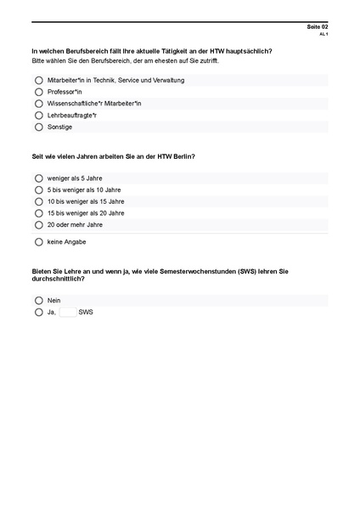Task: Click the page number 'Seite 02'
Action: pos(318,27)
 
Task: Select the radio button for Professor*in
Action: pos(39,92)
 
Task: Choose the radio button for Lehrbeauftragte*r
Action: pos(39,115)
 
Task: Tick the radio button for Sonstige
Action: pos(39,127)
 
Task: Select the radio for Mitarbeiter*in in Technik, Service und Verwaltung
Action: pos(39,80)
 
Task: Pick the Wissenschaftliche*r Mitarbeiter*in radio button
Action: pos(39,104)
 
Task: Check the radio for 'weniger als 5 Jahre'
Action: pos(39,178)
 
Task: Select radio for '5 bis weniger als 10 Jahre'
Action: pos(39,190)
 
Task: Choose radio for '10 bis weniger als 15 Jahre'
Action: pos(39,202)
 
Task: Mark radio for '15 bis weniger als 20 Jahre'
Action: pos(39,213)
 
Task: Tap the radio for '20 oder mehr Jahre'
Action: pos(39,225)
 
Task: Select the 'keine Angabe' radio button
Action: pos(39,241)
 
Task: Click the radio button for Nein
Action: pos(39,300)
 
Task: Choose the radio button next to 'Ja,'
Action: pos(39,312)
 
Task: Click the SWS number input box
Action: pos(67,312)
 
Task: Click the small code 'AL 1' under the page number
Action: pos(323,35)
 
